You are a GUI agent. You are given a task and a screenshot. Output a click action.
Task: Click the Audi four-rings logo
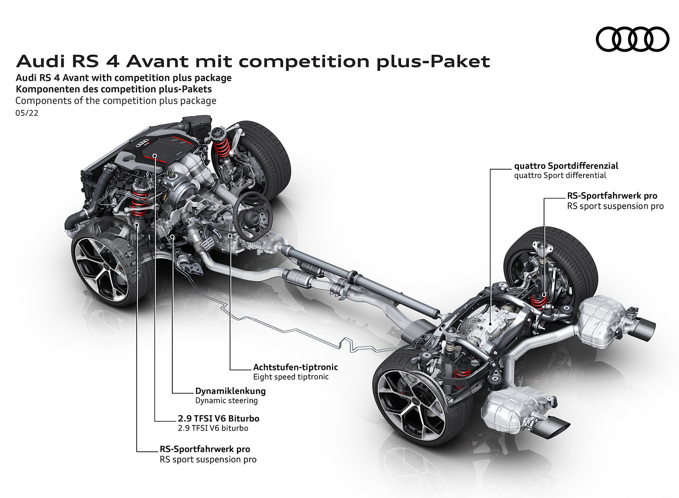[x=632, y=39]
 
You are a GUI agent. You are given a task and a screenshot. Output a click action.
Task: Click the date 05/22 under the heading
[x=27, y=113]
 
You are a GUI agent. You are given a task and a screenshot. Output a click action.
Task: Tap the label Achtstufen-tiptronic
[x=295, y=367]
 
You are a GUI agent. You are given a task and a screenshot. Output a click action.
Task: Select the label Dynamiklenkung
[x=230, y=391]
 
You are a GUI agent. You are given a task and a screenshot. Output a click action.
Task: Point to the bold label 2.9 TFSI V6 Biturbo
[x=218, y=418]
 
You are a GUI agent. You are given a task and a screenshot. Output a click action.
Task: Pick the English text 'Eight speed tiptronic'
[x=291, y=377]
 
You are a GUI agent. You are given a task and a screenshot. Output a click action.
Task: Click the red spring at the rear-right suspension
[x=539, y=299]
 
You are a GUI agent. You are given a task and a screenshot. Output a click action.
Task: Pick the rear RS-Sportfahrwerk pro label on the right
[x=612, y=196]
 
